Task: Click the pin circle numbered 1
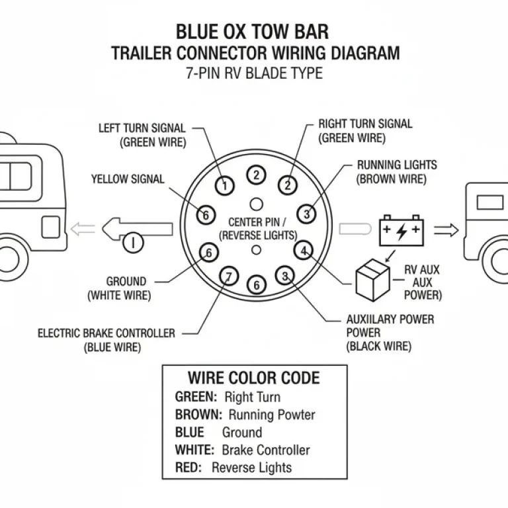click(x=226, y=186)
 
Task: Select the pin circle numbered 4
click(x=304, y=251)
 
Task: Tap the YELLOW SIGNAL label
click(x=128, y=179)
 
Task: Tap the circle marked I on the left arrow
click(x=134, y=243)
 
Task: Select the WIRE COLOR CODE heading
click(x=254, y=378)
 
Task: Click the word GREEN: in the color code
click(x=196, y=398)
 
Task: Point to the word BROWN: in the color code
click(x=198, y=415)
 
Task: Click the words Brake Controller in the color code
click(x=265, y=450)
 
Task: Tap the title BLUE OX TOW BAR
click(x=252, y=32)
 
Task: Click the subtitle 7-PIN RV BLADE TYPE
click(x=255, y=73)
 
